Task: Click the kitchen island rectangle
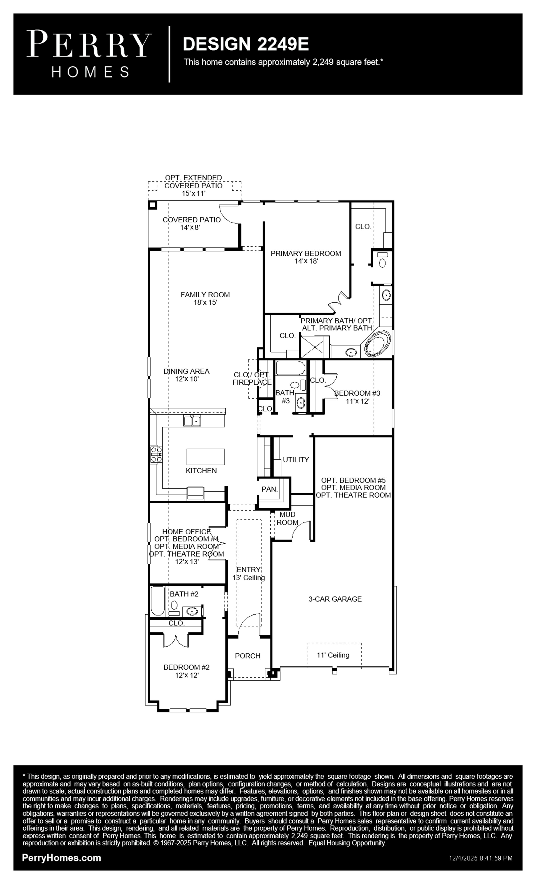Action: (x=206, y=457)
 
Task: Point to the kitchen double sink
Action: (x=192, y=421)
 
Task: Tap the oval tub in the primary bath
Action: (x=377, y=343)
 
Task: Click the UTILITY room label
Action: (x=296, y=460)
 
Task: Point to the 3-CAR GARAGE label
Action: (x=335, y=599)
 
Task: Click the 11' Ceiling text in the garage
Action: (x=333, y=655)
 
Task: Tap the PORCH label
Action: (x=248, y=656)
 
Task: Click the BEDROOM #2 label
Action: (x=186, y=667)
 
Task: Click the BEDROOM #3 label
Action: (x=357, y=393)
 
